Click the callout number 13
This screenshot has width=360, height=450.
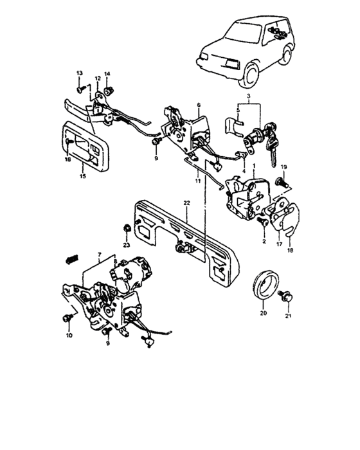[x=79, y=73]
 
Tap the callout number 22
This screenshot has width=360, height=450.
[x=186, y=203]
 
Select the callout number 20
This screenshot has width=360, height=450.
[x=264, y=313]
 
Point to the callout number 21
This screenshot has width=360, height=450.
[x=288, y=316]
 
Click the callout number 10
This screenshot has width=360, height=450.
[x=69, y=335]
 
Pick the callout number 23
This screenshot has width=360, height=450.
[x=126, y=245]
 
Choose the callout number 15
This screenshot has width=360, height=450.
[x=83, y=176]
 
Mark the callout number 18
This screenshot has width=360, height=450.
[x=290, y=250]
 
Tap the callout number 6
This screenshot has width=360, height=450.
[x=199, y=105]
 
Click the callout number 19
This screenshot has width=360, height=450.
[x=283, y=167]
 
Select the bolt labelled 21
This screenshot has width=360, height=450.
[x=286, y=296]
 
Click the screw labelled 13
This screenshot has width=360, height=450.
[x=80, y=89]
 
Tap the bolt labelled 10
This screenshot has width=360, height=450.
[x=67, y=318]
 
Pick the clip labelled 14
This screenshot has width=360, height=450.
[x=109, y=91]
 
